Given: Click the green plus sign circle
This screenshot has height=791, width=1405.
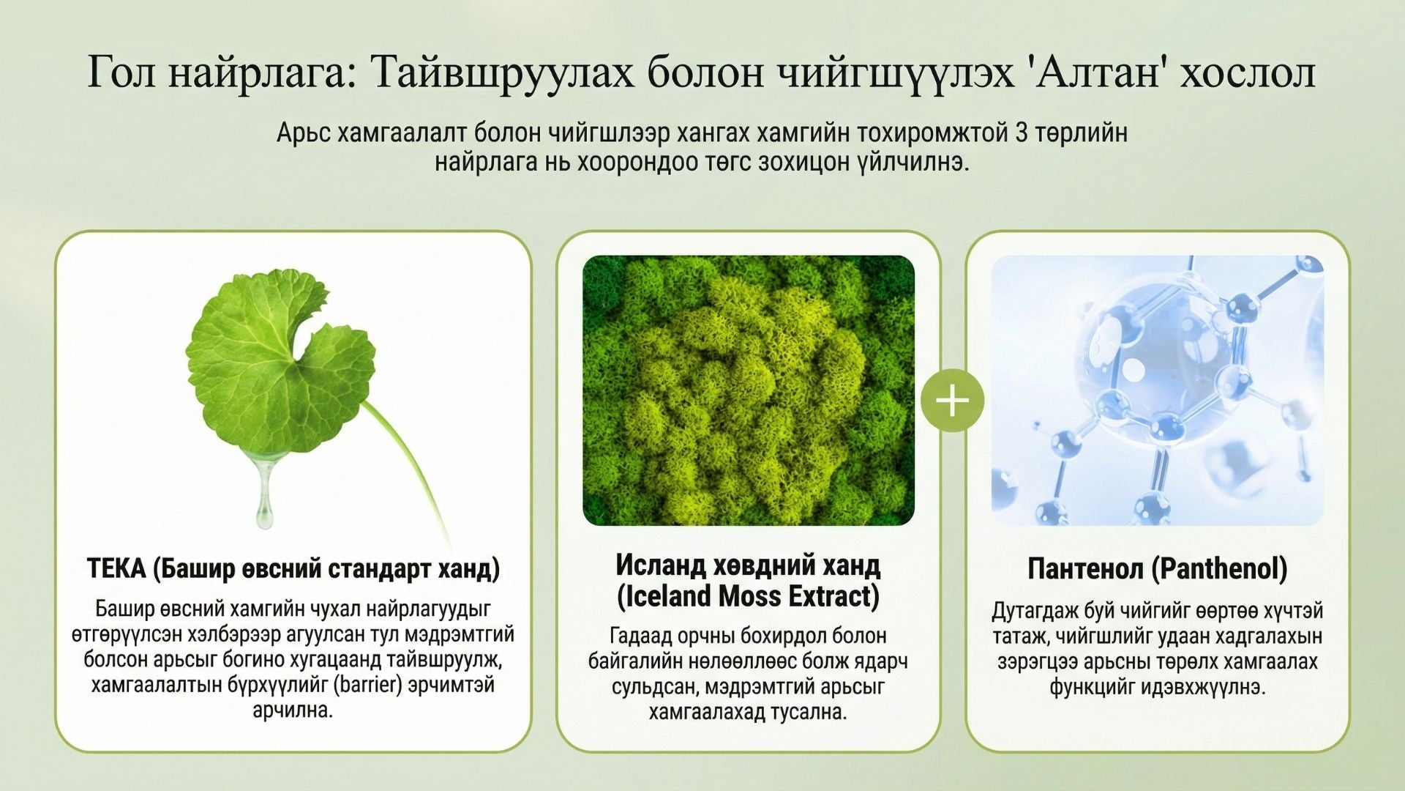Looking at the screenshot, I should (952, 401).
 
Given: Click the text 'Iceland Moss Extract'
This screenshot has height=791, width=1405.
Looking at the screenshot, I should (748, 596).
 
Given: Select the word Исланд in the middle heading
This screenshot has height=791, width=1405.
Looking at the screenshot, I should (662, 565).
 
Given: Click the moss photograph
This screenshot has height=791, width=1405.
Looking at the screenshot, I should (748, 390).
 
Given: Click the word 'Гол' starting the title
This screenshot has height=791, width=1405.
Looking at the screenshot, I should (121, 73).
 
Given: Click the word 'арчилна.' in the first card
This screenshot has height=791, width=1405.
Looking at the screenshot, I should (293, 710).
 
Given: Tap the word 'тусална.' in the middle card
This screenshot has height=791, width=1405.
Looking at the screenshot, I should (809, 712).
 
